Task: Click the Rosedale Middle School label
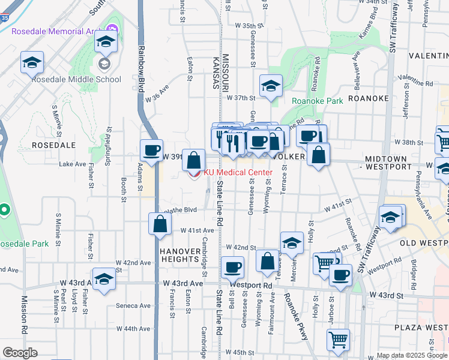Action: pos(77,79)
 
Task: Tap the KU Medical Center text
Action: pos(239,172)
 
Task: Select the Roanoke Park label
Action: pos(317,101)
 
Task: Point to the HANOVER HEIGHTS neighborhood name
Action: pos(179,255)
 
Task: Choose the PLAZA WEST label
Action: pos(421,328)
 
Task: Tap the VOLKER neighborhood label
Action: pos(291,156)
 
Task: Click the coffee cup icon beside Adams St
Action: pos(151,150)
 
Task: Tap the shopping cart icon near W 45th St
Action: pos(338,340)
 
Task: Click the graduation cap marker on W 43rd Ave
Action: pos(104,281)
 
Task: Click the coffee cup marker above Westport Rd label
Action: pos(232,267)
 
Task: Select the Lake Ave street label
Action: pos(73,163)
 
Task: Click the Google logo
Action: pos(20,353)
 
